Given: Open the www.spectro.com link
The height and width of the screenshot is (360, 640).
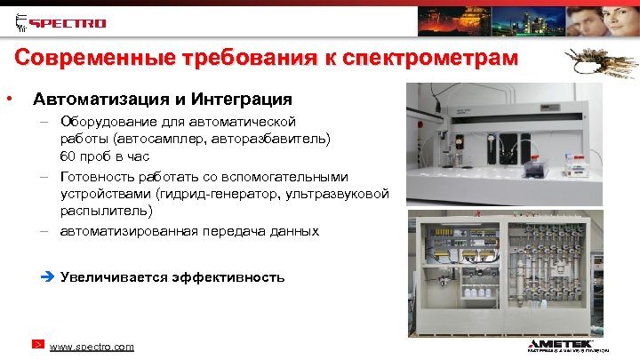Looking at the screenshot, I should click(x=92, y=347).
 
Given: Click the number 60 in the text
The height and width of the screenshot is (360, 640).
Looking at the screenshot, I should click(x=68, y=156).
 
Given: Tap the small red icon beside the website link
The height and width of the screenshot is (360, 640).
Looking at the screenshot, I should click(x=37, y=343).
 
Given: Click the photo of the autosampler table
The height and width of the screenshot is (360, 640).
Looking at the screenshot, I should click(x=519, y=142).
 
